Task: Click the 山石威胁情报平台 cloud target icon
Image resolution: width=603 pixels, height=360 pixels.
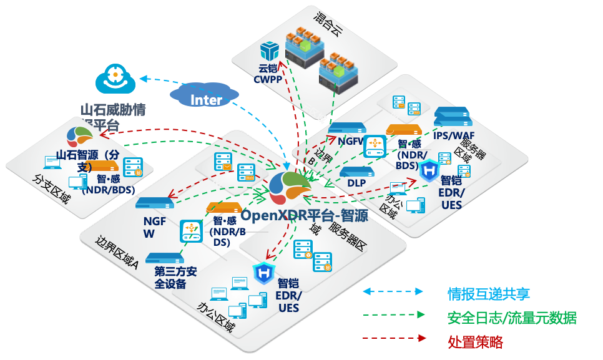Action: click(x=115, y=78)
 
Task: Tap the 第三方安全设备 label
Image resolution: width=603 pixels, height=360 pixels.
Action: click(x=175, y=278)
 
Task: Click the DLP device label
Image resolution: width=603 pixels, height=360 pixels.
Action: click(x=356, y=183)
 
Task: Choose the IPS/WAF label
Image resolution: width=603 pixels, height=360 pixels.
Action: click(x=455, y=135)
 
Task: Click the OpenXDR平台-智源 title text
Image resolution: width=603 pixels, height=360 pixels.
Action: click(x=304, y=215)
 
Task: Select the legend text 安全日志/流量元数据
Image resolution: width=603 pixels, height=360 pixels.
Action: click(x=512, y=318)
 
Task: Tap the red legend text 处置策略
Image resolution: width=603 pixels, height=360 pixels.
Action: click(x=475, y=342)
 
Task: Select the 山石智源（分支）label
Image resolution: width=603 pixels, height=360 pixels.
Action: click(x=87, y=160)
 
